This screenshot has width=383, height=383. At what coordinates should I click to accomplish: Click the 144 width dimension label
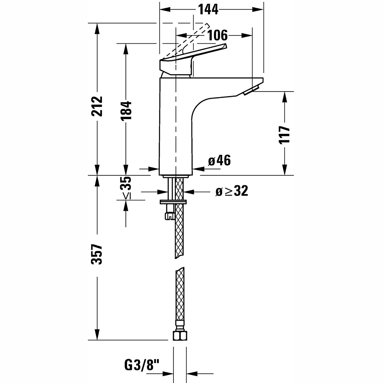(208, 10)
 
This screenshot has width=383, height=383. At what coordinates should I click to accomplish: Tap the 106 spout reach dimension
(217, 35)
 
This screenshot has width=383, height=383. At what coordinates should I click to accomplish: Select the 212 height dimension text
(97, 106)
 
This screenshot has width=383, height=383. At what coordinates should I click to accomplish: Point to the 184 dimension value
(126, 111)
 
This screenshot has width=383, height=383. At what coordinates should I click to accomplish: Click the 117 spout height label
(284, 135)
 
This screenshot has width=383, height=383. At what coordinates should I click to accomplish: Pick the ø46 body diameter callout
(219, 160)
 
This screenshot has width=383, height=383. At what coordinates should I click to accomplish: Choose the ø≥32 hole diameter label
(232, 191)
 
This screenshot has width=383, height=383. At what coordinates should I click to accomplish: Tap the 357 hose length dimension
(97, 254)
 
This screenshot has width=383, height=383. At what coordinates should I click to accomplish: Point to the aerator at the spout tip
(251, 91)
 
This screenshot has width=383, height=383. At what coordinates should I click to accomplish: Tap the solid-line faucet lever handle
(193, 60)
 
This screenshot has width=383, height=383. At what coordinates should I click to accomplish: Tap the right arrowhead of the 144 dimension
(258, 10)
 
